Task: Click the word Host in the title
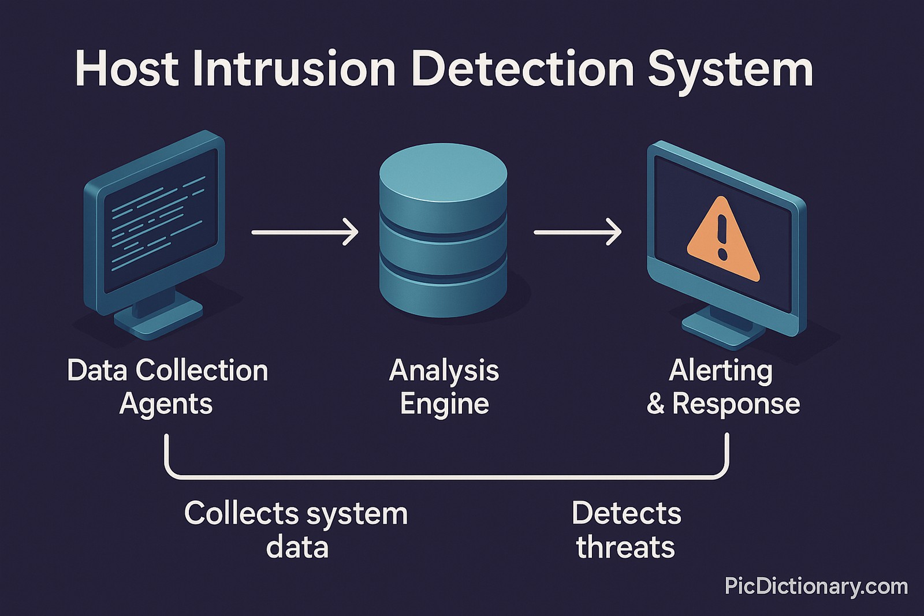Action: click(126, 69)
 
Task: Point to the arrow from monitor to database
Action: click(305, 232)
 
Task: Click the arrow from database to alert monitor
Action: click(577, 232)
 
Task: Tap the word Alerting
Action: click(720, 371)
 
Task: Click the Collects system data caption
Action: click(296, 529)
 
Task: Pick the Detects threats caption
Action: click(626, 529)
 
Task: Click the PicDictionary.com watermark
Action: click(815, 587)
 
